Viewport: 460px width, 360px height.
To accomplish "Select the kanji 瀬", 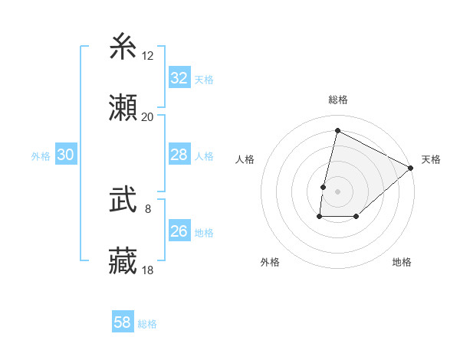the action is pos(123,108).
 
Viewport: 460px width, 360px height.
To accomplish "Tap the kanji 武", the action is pos(123,201).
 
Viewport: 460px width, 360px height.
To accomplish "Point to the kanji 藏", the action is pos(123,261).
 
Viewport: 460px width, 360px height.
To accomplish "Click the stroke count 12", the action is pos(148,56).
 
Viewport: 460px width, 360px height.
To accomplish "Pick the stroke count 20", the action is pos(148,116).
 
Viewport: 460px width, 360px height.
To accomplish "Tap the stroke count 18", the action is pos(148,270).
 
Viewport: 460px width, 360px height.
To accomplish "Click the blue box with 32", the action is pos(179,78).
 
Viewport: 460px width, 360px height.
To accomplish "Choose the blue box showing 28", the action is pos(179,155).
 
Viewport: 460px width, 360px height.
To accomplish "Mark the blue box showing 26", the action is pos(179,231).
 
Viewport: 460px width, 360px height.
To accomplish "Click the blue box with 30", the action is pos(66,155).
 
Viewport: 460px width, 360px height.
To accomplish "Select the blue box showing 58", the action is pos(123,322).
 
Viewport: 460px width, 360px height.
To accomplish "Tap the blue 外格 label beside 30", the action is pos(41,156).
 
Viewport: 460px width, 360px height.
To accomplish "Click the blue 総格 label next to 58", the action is pos(147,324).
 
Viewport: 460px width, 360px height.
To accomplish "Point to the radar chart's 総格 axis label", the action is pos(337,100).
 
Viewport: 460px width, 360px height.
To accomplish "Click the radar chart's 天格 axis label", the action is pos(432,159).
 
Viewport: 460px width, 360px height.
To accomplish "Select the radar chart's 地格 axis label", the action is pos(402,262).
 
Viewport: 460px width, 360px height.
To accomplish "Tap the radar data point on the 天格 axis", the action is pos(411,168).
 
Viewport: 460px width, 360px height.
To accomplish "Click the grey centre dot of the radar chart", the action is pos(337,191).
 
